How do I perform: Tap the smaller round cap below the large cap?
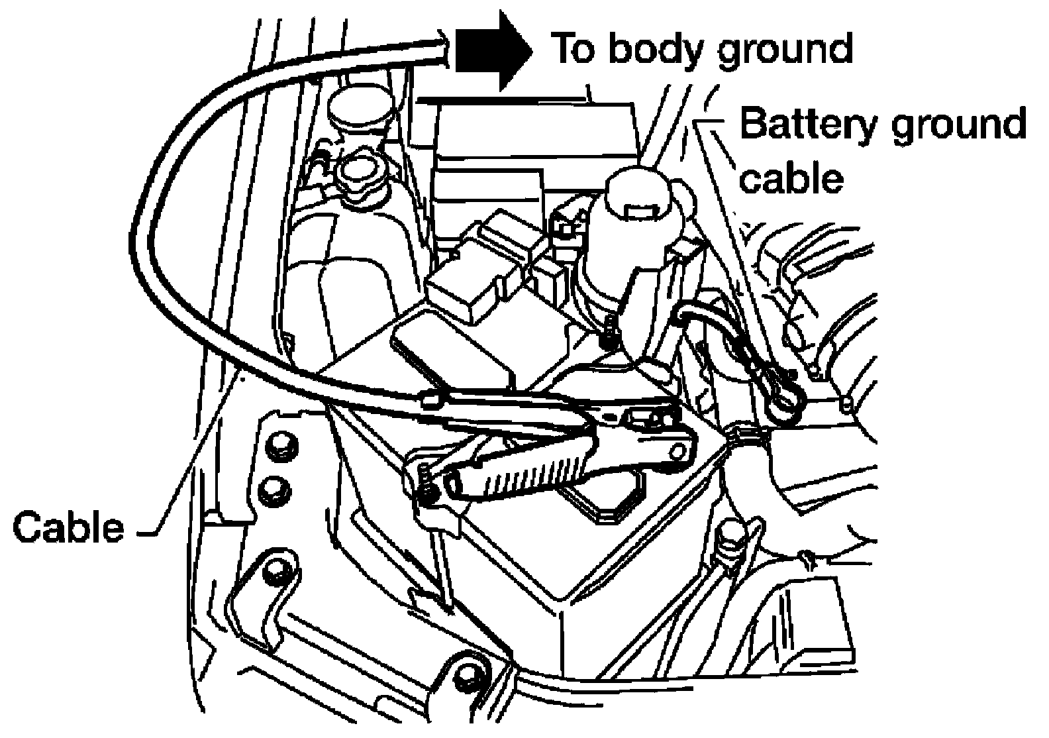(x=360, y=176)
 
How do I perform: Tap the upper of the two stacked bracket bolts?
(x=281, y=442)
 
